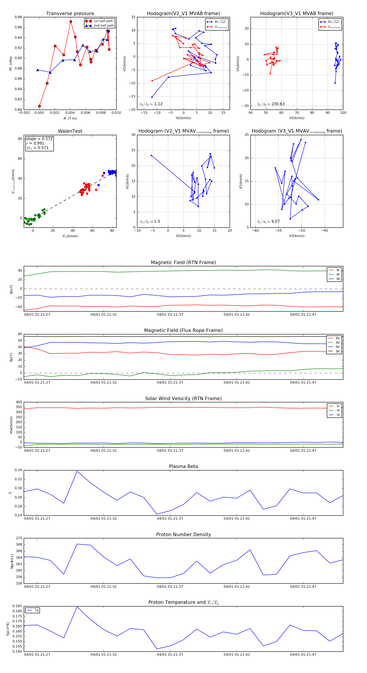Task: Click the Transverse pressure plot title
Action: tap(70, 14)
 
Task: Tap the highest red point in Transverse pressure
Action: tap(71, 22)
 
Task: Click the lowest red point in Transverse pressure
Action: tap(39, 106)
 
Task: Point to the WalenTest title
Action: tap(70, 131)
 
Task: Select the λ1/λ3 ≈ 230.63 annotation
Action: tap(271, 104)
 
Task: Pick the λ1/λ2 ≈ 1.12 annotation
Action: tap(151, 104)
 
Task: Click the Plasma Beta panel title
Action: tap(183, 466)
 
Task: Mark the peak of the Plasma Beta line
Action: tap(77, 471)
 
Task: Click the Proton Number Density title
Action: tap(183, 535)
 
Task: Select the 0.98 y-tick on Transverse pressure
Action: tap(18, 17)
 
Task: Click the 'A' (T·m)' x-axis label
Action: tap(70, 118)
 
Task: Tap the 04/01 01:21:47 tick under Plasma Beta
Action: tap(303, 518)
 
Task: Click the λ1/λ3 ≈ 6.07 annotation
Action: tap(268, 221)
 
